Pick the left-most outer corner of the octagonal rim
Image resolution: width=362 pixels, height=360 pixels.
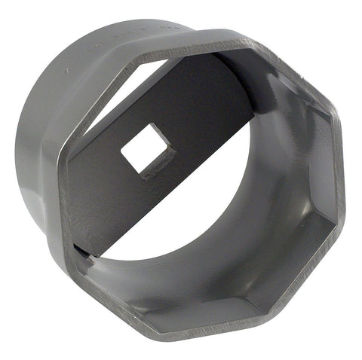[x=57, y=148]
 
